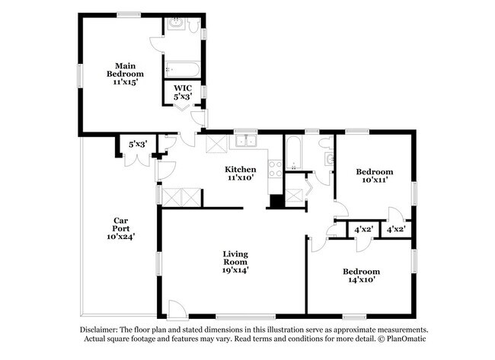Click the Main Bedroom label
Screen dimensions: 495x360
click(125, 74)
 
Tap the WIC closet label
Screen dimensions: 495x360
click(183, 92)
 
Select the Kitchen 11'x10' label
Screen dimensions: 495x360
click(240, 174)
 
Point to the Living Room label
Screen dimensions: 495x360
click(235, 262)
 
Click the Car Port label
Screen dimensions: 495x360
click(121, 229)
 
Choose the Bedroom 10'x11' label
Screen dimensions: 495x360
click(375, 176)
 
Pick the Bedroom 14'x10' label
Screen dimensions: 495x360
click(362, 276)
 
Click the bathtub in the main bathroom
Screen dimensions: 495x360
click(182, 69)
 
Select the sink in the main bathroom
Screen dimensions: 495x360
click(174, 24)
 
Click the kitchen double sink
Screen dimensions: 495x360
click(246, 141)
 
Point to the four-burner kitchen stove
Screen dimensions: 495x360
click(275, 169)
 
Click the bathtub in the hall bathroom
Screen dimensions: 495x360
click(294, 153)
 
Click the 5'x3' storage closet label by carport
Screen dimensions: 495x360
click(139, 145)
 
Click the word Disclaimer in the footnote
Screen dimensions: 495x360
click(99, 330)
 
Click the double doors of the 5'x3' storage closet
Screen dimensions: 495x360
click(137, 160)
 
